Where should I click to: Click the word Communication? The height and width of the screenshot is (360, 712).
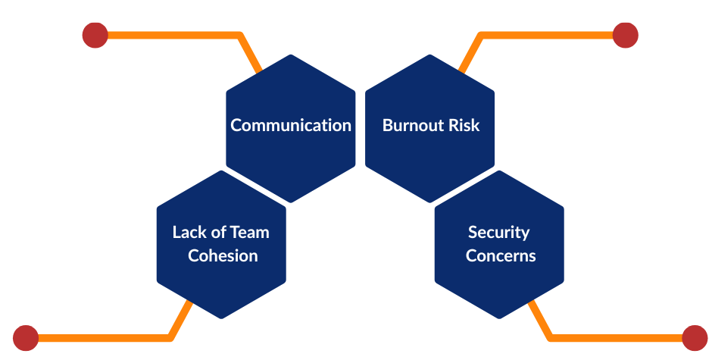(x=291, y=125)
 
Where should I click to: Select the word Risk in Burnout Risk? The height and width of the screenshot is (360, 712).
(x=464, y=125)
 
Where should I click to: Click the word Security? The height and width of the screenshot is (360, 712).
(x=498, y=232)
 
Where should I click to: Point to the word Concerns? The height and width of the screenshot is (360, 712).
(x=501, y=255)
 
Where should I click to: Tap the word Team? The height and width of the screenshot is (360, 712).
(x=249, y=232)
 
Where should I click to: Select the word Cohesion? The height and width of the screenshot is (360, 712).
(x=223, y=255)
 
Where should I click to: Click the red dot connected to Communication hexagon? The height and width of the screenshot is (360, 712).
(x=95, y=35)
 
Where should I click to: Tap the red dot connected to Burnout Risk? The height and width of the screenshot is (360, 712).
(x=625, y=35)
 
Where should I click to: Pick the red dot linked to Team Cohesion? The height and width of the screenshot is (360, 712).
(x=26, y=338)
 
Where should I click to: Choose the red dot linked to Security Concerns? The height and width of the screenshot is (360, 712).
(x=695, y=338)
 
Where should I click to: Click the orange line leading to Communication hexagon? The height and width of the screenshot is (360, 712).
(x=174, y=35)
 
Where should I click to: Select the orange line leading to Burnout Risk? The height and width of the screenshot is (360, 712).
(x=545, y=35)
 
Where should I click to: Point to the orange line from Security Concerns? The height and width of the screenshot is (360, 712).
(x=614, y=338)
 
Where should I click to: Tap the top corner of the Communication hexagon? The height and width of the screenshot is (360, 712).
(x=291, y=55)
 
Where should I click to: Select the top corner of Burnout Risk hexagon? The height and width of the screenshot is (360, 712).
(x=430, y=55)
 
